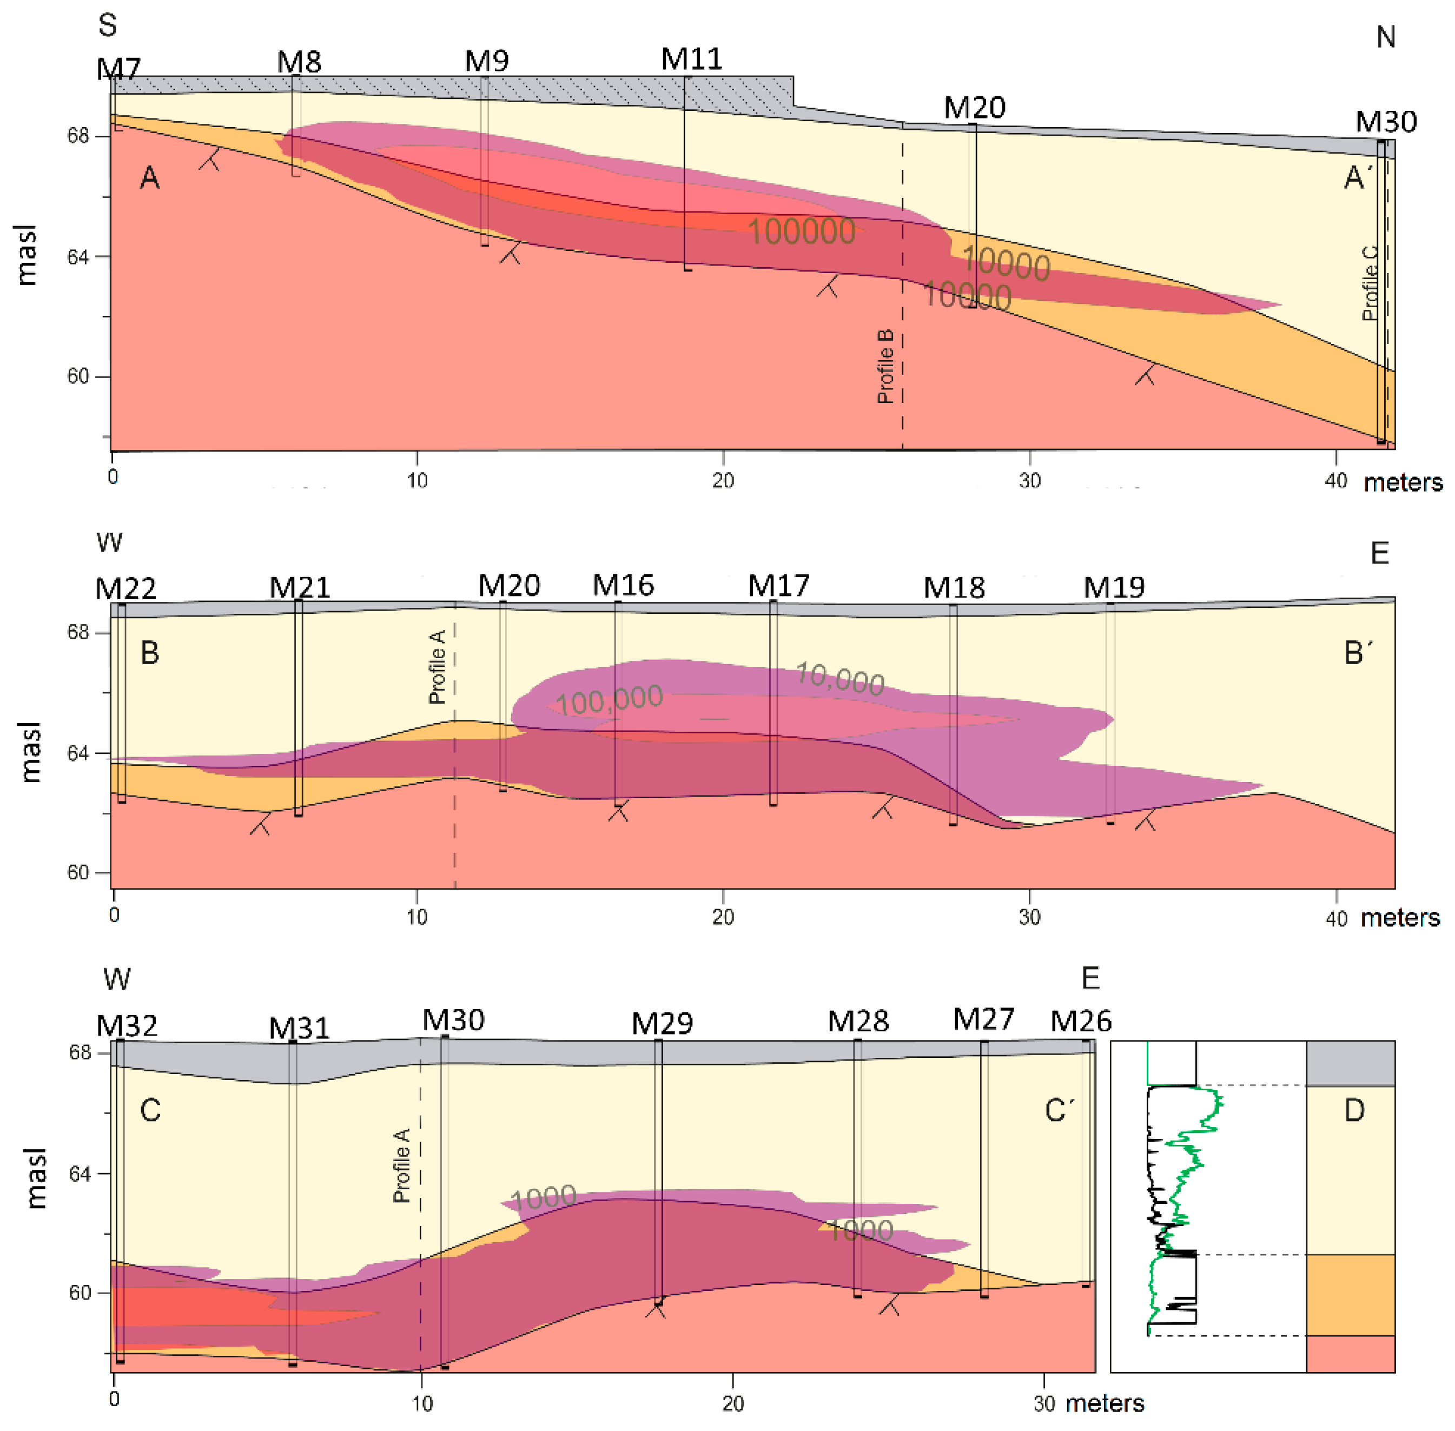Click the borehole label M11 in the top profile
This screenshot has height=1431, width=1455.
691,59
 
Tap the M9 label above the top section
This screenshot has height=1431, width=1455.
486,61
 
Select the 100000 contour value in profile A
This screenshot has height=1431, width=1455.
801,231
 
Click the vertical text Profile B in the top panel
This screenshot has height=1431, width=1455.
886,366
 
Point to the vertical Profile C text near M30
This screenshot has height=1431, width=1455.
1371,283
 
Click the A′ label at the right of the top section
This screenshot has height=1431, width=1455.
1357,178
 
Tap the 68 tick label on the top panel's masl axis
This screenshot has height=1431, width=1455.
78,136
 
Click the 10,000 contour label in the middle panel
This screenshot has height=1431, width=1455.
839,678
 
